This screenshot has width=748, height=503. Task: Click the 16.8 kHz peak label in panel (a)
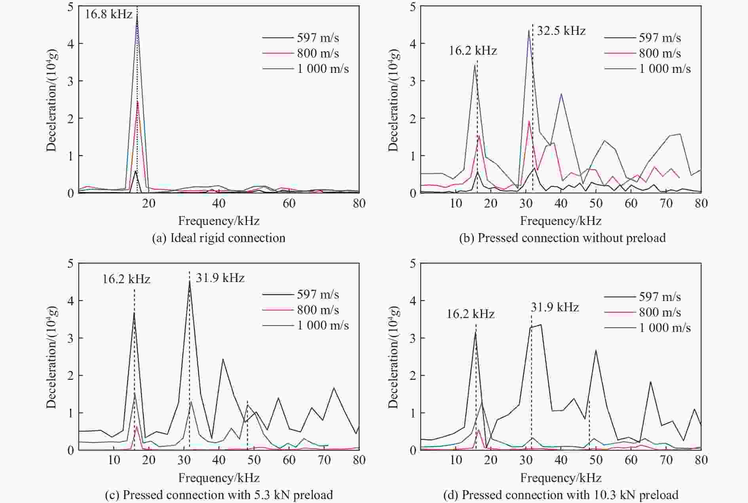tap(109, 15)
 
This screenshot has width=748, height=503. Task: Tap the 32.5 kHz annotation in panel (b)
tap(561, 31)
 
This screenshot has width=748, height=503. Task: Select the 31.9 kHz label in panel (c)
tap(220, 278)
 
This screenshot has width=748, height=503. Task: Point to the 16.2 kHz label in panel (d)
tap(471, 314)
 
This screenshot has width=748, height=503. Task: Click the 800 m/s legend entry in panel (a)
tap(318, 53)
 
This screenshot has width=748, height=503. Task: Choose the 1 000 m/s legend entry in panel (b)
tap(665, 69)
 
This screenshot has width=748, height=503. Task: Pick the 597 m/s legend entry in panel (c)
tap(318, 294)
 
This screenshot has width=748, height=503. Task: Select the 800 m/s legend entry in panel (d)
tap(660, 312)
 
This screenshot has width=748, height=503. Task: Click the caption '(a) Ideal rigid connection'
tap(218, 238)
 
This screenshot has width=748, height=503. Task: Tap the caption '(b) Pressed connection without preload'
tap(562, 238)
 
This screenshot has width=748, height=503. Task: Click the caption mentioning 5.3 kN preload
tap(218, 495)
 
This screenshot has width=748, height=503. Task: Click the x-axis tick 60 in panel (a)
tap(289, 204)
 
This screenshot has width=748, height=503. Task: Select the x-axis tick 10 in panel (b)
tap(456, 204)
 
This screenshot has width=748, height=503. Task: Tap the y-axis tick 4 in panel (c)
tap(70, 301)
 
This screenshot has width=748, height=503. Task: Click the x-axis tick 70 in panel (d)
tap(666, 460)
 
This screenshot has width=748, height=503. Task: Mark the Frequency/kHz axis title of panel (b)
tap(560, 221)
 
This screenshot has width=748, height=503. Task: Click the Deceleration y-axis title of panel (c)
tap(52, 357)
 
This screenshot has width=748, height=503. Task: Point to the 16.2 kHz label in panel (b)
tap(473, 51)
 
